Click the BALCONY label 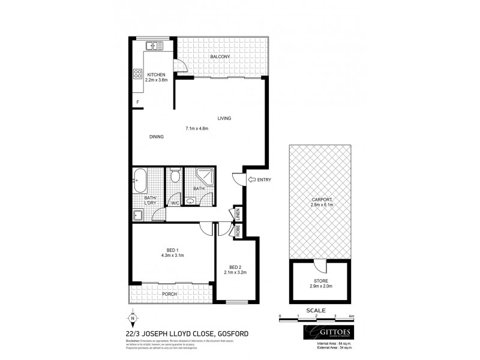(x=220, y=57)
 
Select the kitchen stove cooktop (x=137, y=74)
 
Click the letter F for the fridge (x=137, y=102)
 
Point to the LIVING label (x=224, y=118)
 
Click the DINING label (x=157, y=137)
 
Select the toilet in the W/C (x=175, y=176)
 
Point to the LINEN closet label (x=238, y=213)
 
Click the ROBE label (x=238, y=229)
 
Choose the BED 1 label (x=173, y=250)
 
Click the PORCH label (x=169, y=294)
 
